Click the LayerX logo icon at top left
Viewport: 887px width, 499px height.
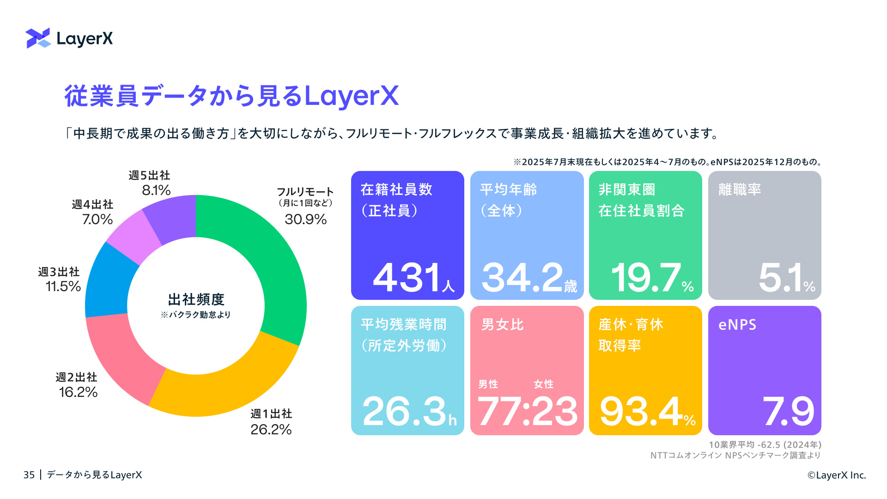[38, 38]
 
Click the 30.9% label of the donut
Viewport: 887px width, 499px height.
[305, 219]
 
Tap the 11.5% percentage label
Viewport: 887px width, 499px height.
[63, 286]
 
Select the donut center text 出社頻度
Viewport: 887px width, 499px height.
[196, 299]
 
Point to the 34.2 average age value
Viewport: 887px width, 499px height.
[522, 278]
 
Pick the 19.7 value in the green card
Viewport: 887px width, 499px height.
[645, 278]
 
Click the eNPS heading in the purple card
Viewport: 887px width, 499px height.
[737, 325]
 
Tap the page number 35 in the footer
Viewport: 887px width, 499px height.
[29, 475]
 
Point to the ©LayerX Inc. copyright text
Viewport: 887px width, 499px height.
[837, 475]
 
